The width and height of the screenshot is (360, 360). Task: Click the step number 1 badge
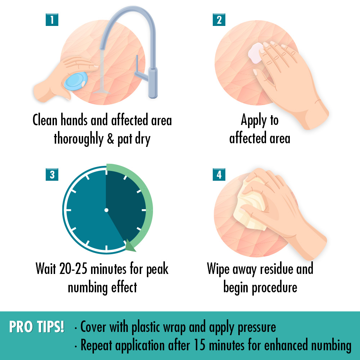tap(52, 20)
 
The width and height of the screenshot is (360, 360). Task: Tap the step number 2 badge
tap(219, 20)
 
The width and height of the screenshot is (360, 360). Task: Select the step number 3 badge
tap(52, 175)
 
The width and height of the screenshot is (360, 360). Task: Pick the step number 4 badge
tap(219, 175)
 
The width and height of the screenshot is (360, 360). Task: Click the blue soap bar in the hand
tap(76, 81)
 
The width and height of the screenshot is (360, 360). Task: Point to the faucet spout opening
tap(102, 48)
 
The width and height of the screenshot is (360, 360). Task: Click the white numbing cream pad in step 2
tap(256, 53)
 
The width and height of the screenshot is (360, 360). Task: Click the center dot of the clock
tap(106, 210)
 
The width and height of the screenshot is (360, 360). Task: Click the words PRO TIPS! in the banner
tap(36, 327)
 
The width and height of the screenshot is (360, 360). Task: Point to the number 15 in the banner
tap(199, 345)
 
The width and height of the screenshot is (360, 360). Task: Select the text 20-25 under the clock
tap(73, 269)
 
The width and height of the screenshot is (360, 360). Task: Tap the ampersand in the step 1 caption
tap(111, 139)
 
